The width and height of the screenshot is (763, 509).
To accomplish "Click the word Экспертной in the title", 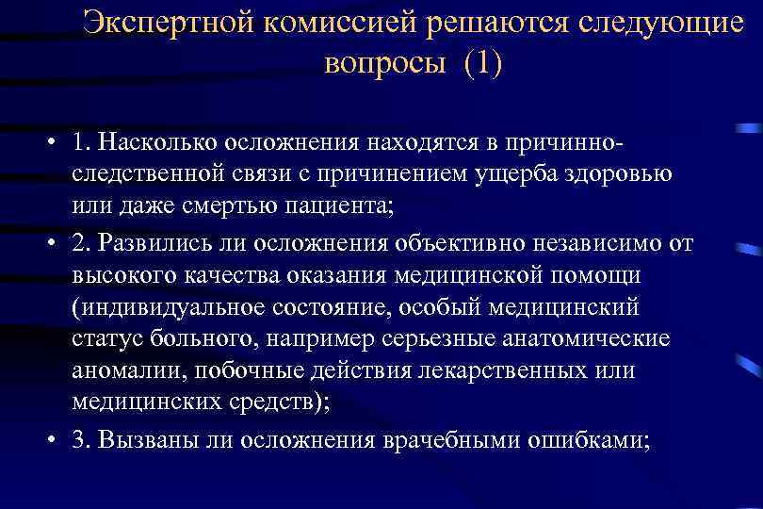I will pos(167,23).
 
